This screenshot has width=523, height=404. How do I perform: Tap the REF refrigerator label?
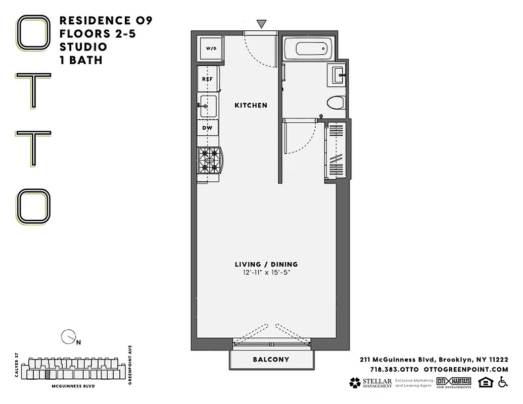207,79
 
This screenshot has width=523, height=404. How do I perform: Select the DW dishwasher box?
207,128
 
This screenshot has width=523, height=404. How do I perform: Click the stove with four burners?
209,160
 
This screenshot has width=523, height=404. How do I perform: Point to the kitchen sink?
208,106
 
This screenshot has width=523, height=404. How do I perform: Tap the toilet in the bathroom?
335,103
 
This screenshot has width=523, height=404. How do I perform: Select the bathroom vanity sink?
338,76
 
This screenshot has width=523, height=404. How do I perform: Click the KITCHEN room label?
251,106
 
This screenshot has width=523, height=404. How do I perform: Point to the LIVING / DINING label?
266,264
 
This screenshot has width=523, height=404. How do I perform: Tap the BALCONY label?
271,360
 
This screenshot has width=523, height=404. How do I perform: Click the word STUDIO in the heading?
83,47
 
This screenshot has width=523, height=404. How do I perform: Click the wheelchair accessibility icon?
503,382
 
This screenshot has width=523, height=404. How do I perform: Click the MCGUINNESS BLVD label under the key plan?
73,386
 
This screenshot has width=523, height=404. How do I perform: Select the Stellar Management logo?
370,383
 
